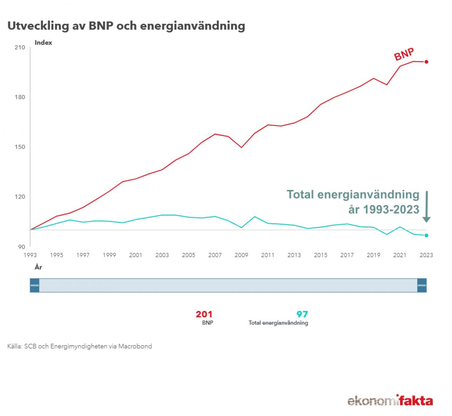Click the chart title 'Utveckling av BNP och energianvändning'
coord(126,26)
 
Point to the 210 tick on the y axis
coord(20,47)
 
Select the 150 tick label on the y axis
coord(20,147)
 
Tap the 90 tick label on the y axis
coord(21,247)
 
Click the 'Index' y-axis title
coord(43,43)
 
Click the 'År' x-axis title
coord(38,268)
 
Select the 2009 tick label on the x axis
coord(241,255)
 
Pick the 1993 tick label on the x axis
coord(30,255)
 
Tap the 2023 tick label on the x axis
coord(426,255)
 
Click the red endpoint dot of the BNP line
coord(426,62)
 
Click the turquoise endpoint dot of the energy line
coord(426,236)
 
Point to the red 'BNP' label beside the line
coord(404,54)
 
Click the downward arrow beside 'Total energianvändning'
coord(426,206)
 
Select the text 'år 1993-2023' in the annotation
coord(383,209)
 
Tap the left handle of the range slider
coord(35,285)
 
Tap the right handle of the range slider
coord(422,285)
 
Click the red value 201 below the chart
coord(204,314)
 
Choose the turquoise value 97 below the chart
coord(302,314)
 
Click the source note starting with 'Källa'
coord(79,346)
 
